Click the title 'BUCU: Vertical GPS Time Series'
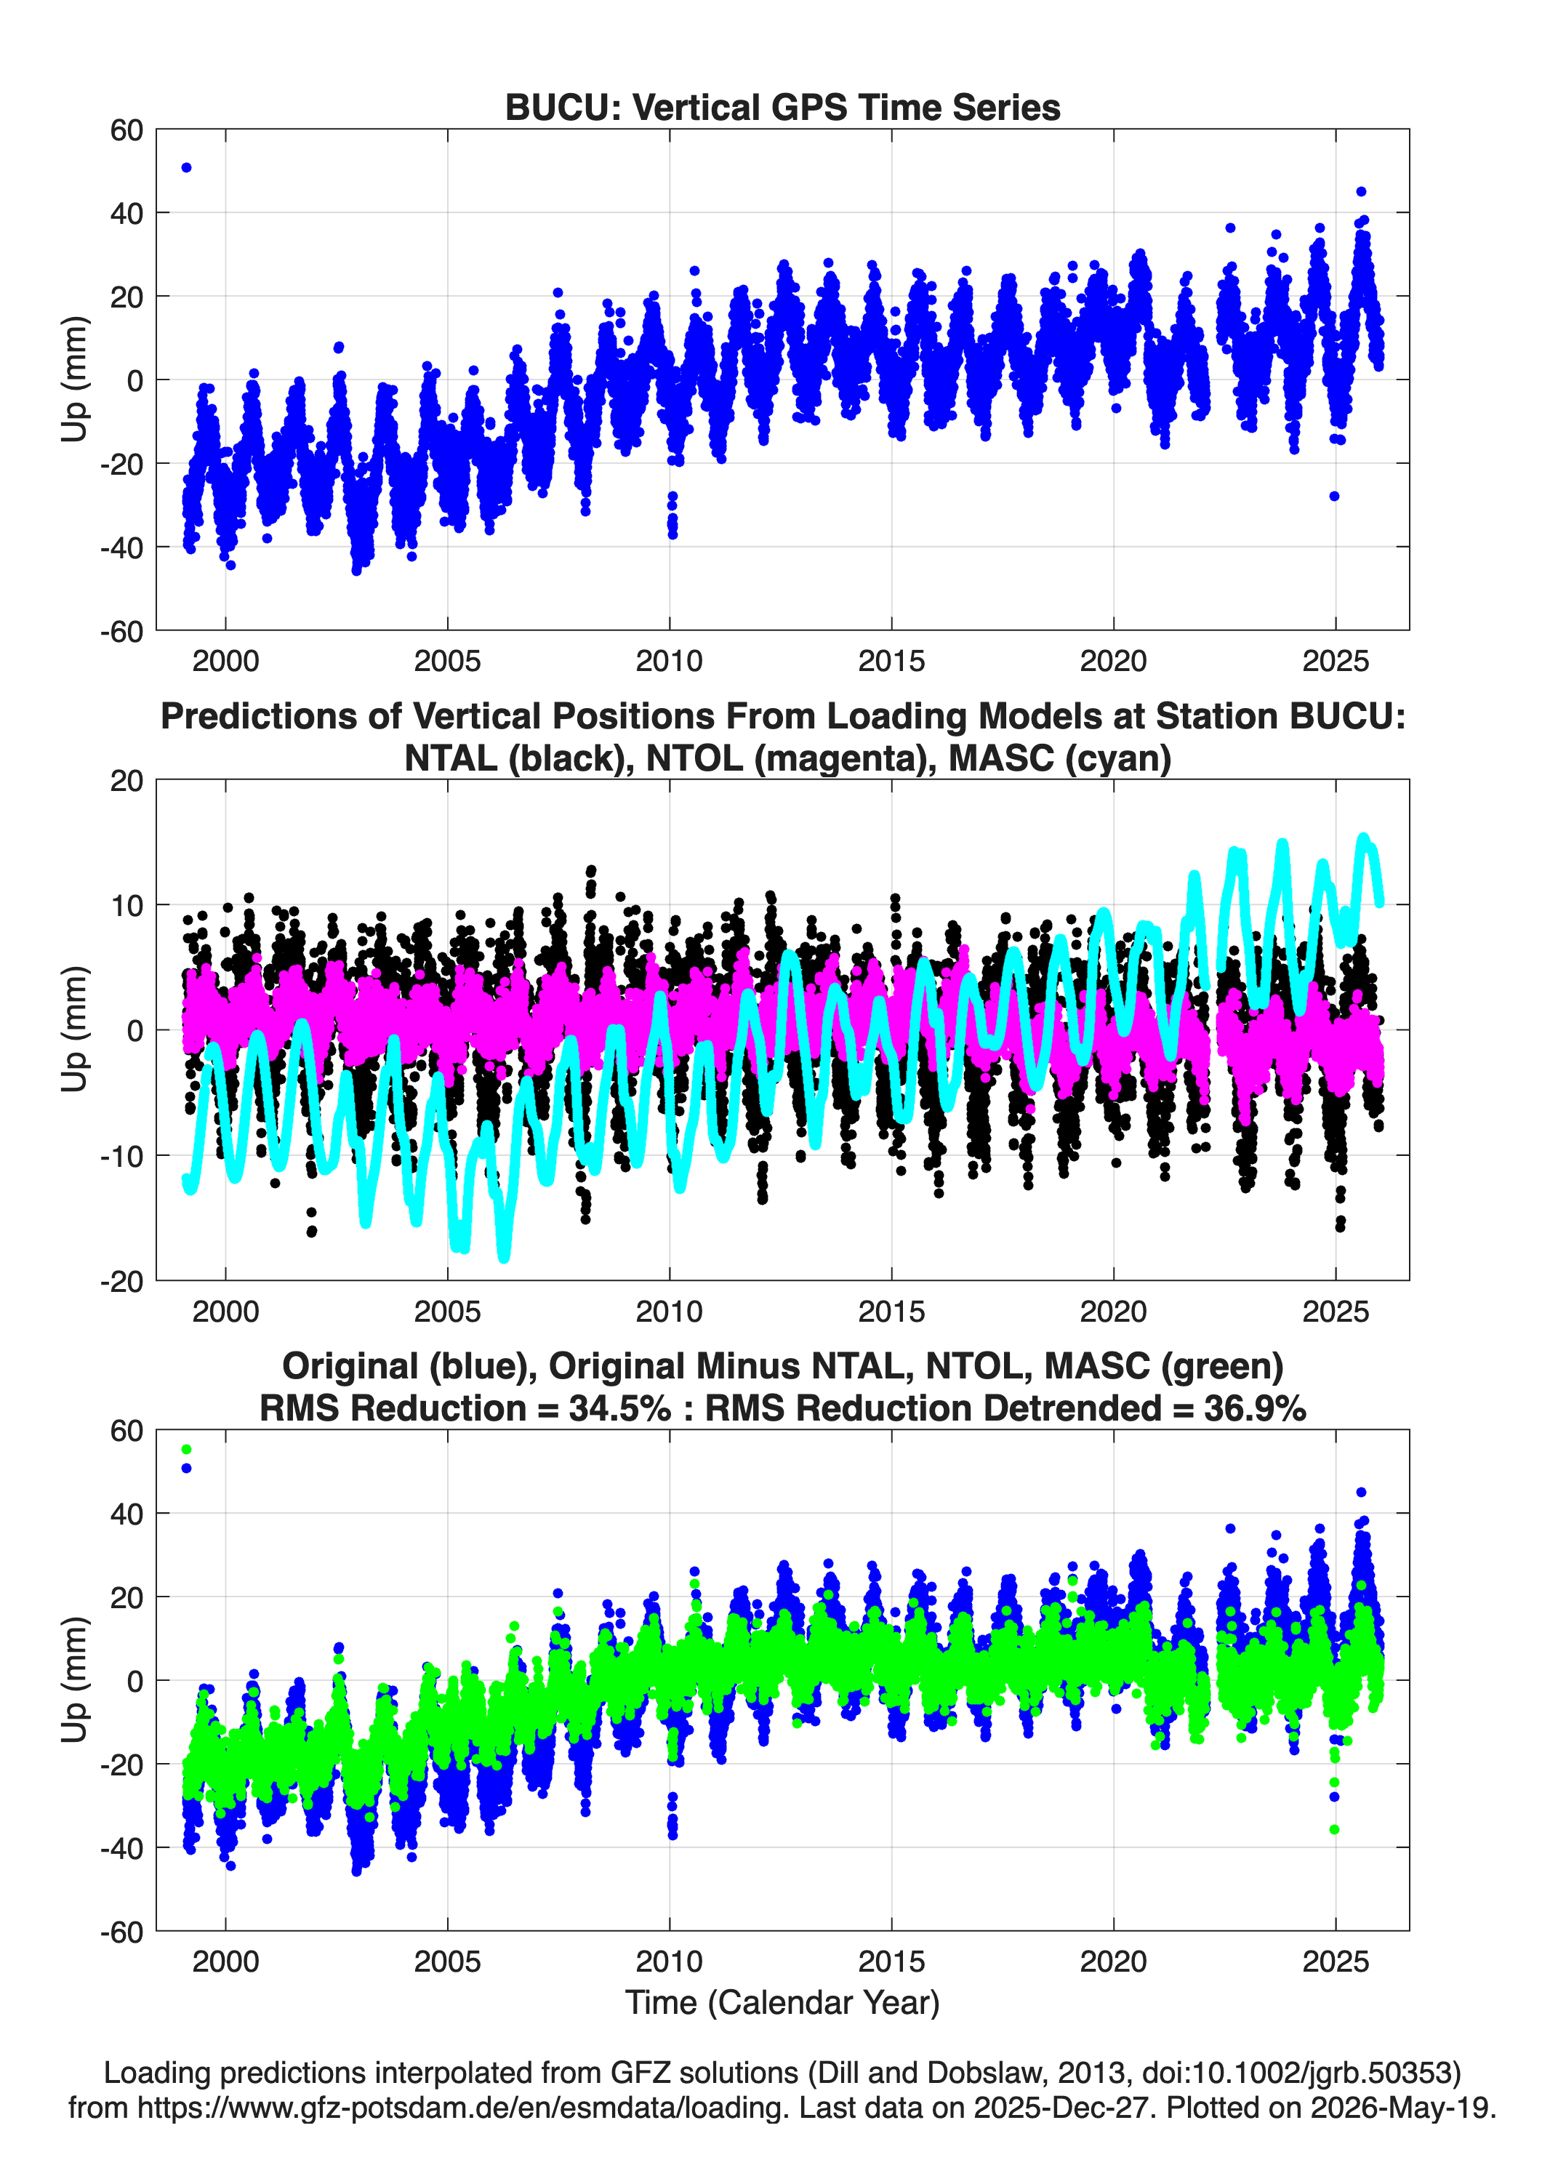pos(782,107)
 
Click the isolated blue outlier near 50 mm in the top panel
pos(186,167)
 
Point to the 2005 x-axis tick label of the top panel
pos(447,661)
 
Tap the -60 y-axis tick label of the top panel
pos(121,631)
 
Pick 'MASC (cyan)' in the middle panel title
pos(1060,758)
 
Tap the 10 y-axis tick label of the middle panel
pos(127,905)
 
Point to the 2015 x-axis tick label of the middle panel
pos(891,1311)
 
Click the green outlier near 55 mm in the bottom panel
pos(186,1449)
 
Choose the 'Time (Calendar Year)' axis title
pos(782,2002)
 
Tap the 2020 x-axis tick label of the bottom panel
pos(1113,1961)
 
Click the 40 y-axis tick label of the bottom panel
pos(127,1513)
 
